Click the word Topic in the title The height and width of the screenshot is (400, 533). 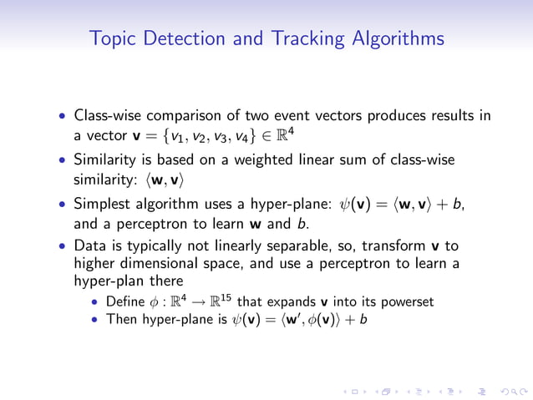111,39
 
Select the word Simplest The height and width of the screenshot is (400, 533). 104,203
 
